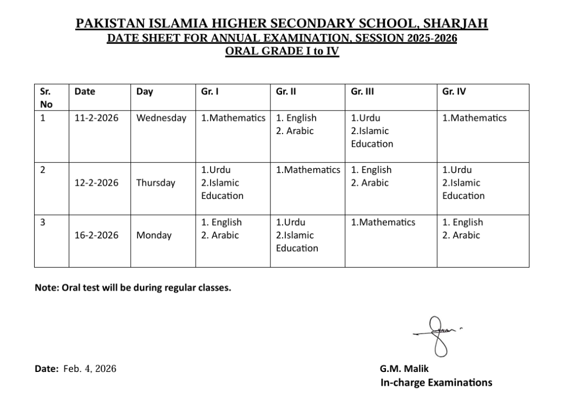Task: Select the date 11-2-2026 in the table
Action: [x=96, y=118]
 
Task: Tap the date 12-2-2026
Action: [x=96, y=183]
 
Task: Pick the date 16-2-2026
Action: [x=96, y=235]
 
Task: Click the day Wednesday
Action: [x=161, y=118]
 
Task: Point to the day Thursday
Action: [x=156, y=183]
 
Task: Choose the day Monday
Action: [x=154, y=235]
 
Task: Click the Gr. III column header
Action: [x=362, y=92]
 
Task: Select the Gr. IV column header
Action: [x=454, y=92]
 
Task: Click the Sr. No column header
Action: [x=46, y=98]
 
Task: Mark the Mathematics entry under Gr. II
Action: [x=308, y=170]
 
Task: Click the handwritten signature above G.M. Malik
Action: [x=438, y=334]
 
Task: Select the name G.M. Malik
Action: [x=404, y=369]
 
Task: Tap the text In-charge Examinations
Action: [x=436, y=382]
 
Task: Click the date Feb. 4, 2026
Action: [x=90, y=369]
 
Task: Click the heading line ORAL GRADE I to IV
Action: [x=281, y=52]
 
